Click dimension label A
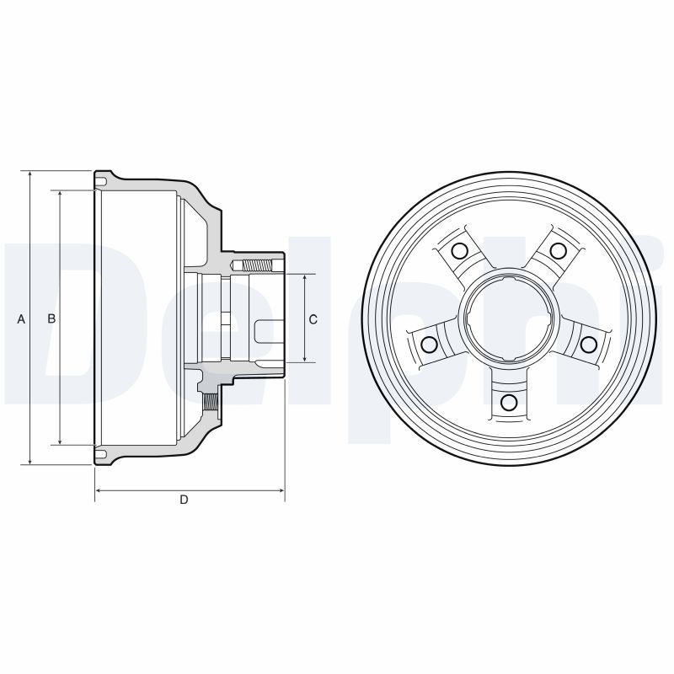point(21,319)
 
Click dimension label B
point(51,318)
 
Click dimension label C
point(313,319)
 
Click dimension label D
point(184,500)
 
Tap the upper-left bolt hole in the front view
point(459,250)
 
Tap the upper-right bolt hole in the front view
point(558,250)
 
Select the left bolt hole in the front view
point(429,344)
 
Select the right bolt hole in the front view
point(589,344)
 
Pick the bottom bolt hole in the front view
point(509,403)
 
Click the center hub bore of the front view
point(509,320)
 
